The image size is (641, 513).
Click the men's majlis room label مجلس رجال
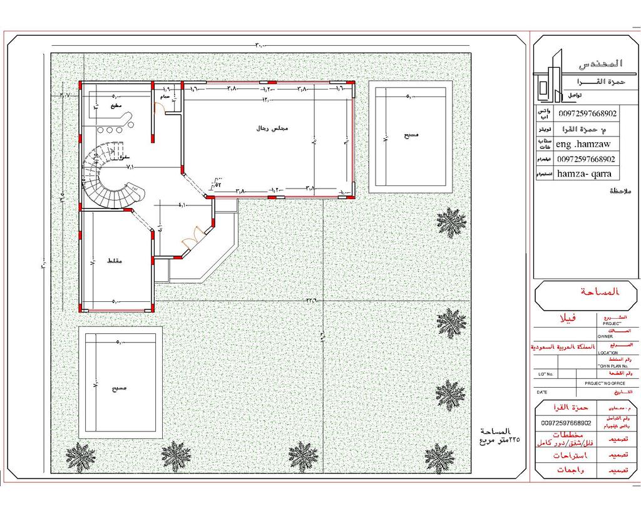[x=272, y=128]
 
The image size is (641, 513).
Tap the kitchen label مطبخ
[x=115, y=107]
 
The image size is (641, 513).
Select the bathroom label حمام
[x=165, y=98]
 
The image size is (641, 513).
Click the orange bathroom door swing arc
[x=160, y=107]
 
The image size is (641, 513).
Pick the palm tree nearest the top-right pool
[x=451, y=222]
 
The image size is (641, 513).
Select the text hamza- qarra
[x=583, y=174]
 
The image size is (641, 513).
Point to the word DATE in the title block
[x=541, y=392]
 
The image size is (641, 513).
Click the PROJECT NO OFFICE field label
[x=605, y=383]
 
